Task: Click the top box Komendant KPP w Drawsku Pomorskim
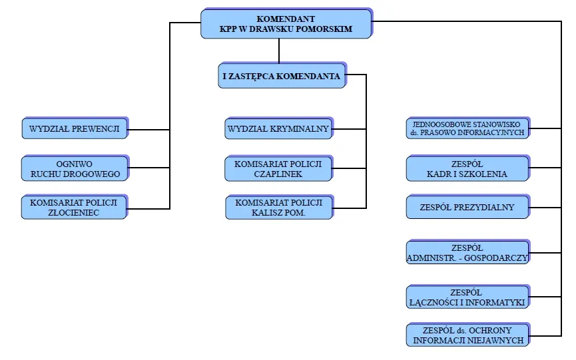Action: tap(286, 24)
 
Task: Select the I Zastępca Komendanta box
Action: tap(281, 76)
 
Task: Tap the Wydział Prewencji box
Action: tap(75, 128)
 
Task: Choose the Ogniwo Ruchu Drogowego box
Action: tap(75, 168)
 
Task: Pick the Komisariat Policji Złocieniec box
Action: tap(74, 207)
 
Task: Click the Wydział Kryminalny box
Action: tap(278, 128)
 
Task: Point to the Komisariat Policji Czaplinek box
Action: tap(278, 168)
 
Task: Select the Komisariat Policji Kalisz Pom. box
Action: tap(278, 207)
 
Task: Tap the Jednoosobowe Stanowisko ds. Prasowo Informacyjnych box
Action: tap(467, 128)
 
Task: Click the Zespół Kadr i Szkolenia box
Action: tap(467, 168)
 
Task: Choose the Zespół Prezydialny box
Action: tap(467, 207)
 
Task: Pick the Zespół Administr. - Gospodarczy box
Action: tap(467, 252)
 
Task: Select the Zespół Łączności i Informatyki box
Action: tap(467, 297)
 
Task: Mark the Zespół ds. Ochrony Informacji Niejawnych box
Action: tap(467, 335)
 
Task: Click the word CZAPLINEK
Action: tap(278, 174)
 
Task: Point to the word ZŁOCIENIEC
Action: tap(74, 212)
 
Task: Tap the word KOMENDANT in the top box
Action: tap(286, 19)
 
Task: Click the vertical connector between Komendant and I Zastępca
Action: tap(279, 51)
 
